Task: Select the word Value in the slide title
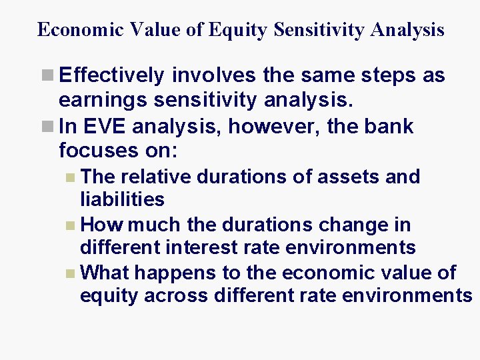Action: pos(161,30)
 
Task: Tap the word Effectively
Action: pos(111,76)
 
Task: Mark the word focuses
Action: pos(98,151)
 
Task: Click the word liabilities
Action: pos(122,199)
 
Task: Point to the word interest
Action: pos(203,248)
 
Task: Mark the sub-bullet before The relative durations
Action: pos(71,177)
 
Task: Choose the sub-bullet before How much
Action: pos(71,225)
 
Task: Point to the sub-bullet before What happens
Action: pos(71,273)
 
